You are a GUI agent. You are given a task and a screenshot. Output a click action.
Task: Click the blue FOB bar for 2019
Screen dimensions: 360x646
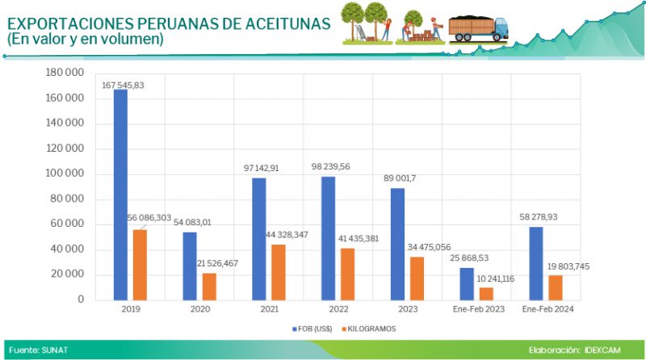[120, 194]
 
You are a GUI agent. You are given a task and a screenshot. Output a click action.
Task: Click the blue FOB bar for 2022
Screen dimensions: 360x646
[328, 237]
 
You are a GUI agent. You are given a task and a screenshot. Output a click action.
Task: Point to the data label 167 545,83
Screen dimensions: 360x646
[123, 85]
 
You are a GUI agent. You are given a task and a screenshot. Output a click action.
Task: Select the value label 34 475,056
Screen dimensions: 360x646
[429, 246]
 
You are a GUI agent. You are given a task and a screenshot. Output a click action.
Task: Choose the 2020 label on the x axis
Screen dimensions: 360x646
[199, 309]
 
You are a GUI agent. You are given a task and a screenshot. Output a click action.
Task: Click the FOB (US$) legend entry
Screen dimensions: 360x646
[312, 329]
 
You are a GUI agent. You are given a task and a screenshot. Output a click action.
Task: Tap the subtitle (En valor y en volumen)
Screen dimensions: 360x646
[85, 39]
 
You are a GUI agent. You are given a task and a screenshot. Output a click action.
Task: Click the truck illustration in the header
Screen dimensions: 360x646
[478, 27]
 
